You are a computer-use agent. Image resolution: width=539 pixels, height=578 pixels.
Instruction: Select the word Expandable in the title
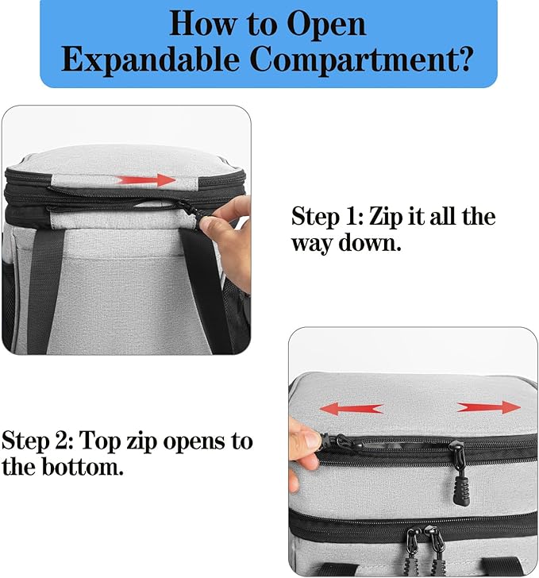(148, 60)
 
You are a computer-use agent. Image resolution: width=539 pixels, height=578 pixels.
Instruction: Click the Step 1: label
(328, 216)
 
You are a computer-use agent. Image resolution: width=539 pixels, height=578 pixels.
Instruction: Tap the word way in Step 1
(311, 242)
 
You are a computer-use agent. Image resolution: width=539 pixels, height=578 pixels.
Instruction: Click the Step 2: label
(37, 440)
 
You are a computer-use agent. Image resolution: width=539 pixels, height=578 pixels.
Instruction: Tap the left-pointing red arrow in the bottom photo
(351, 408)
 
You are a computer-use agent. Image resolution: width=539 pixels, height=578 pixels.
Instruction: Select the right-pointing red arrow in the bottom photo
(489, 407)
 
